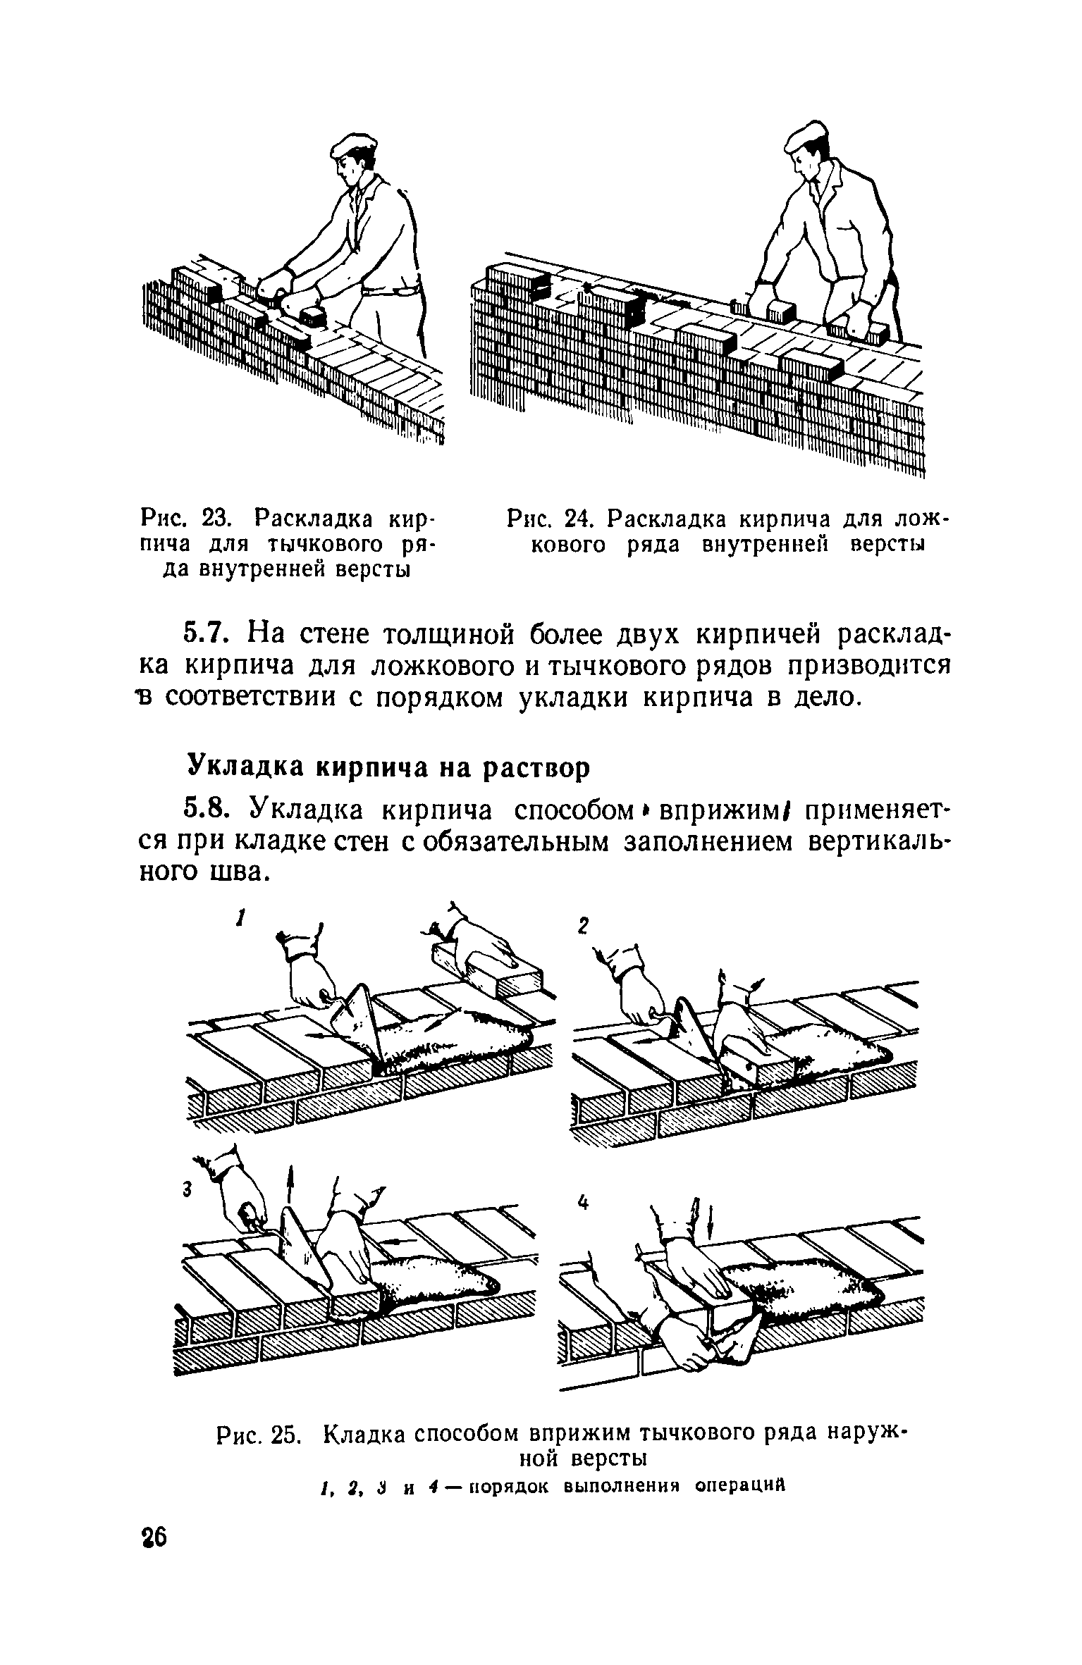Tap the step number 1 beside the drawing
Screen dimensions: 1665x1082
tap(241, 918)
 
